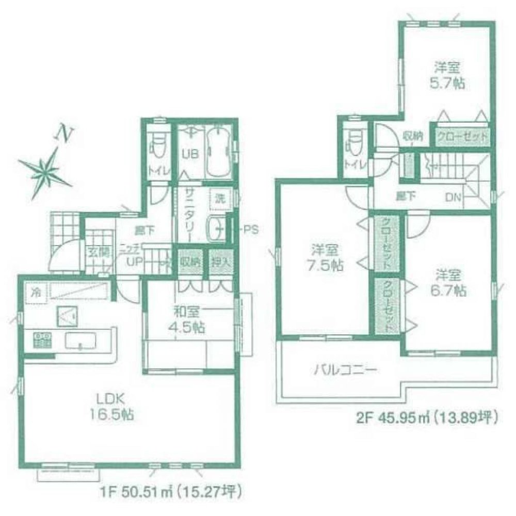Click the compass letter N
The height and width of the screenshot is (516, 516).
63,134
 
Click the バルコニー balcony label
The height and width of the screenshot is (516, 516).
346,369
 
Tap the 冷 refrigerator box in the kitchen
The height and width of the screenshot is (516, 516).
36,293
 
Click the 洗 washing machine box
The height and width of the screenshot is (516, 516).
220,197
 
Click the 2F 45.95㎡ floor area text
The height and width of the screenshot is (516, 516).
426,418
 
